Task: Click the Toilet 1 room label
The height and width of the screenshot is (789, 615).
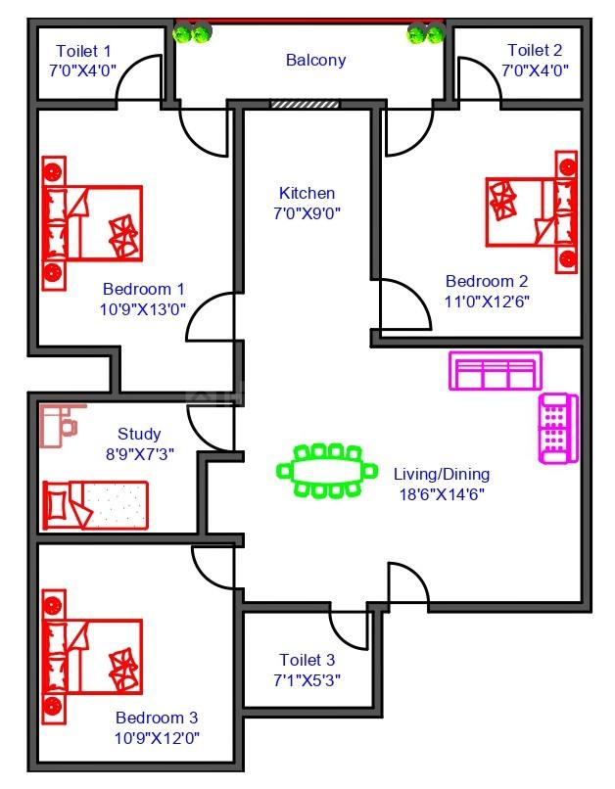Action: click(83, 51)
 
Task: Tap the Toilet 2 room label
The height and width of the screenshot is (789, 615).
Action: click(535, 50)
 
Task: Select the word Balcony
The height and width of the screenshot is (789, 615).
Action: click(315, 61)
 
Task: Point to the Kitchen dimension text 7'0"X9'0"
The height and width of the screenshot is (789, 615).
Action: click(307, 212)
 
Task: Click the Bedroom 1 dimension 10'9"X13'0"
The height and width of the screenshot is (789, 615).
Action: click(144, 308)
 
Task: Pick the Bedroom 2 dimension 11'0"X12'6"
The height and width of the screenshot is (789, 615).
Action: click(488, 301)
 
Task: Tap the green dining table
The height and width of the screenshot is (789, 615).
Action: click(327, 471)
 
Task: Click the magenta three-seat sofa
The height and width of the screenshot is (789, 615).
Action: click(495, 372)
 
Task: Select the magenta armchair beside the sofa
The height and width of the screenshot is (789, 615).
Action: click(557, 428)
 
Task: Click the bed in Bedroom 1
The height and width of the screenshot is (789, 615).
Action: click(93, 223)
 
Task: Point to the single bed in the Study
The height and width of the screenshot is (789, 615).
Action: click(95, 504)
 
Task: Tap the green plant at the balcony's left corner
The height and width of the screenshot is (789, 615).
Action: click(191, 34)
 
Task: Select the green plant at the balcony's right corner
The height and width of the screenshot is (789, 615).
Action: click(425, 35)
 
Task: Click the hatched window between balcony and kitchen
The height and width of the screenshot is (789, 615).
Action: click(305, 104)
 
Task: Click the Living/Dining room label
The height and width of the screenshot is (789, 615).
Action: click(442, 474)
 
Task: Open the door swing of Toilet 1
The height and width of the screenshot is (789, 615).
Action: click(140, 78)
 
